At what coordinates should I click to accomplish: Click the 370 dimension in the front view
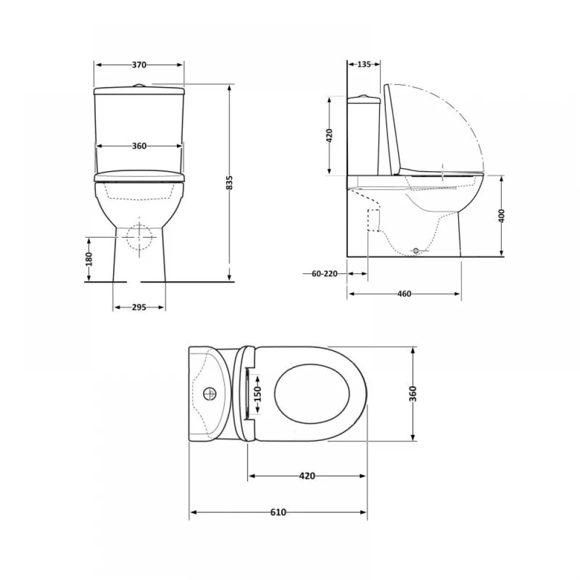tap(139, 65)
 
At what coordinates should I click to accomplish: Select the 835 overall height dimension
tap(230, 183)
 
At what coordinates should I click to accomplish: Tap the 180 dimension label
tap(89, 259)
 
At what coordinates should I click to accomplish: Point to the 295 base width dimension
tap(139, 307)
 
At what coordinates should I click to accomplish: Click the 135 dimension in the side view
tap(364, 64)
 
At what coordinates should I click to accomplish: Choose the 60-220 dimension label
tap(325, 274)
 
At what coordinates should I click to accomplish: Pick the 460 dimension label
tap(404, 293)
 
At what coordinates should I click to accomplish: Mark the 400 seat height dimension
tap(502, 216)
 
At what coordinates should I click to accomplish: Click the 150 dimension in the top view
tap(258, 394)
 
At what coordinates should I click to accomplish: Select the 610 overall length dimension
tap(278, 512)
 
